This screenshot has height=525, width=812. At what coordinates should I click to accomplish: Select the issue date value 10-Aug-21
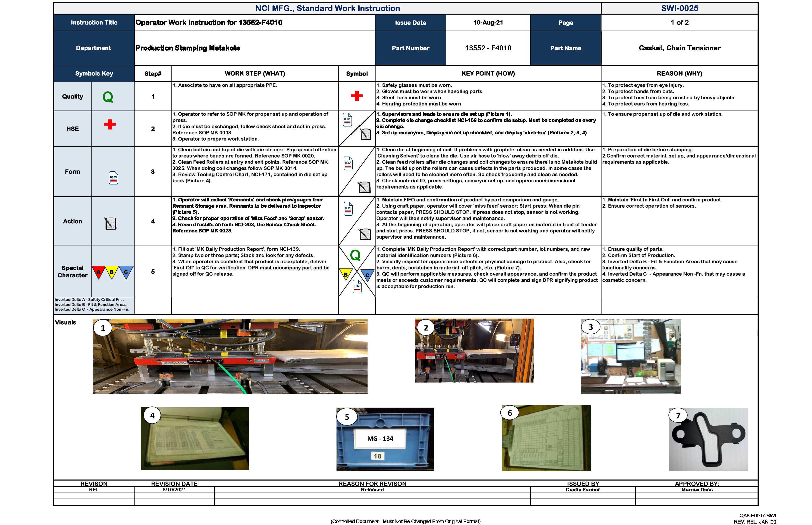pos(488,22)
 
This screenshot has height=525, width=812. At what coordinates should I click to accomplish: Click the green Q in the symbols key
pos(108,97)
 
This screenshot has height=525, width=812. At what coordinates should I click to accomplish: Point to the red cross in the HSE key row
pos(110,124)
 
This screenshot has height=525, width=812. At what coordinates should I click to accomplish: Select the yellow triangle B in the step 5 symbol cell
pos(346,274)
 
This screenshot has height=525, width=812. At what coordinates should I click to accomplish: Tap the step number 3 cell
pos(153,172)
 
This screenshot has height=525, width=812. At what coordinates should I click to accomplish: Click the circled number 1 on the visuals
pos(103,328)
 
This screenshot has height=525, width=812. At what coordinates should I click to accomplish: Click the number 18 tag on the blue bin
pos(377,456)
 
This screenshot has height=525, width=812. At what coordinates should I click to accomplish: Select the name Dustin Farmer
pos(583,489)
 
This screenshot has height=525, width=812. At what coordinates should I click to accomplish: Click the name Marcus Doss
pos(697,489)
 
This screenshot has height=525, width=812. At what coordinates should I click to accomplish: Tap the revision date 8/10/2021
pos(174,489)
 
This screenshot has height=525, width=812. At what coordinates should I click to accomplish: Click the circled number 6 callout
pos(510,413)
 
